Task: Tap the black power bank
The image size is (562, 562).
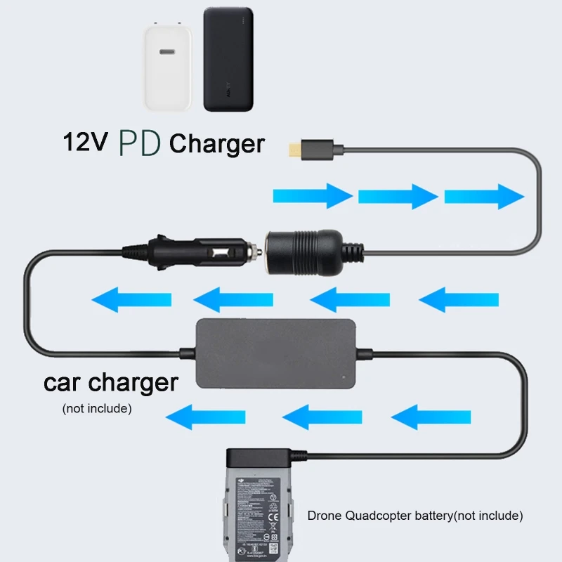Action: point(228,60)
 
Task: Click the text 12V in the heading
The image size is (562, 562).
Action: point(85,143)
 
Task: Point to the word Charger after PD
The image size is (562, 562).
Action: point(217,144)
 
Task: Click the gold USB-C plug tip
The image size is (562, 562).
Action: point(294,150)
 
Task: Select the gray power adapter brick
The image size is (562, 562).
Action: point(274,354)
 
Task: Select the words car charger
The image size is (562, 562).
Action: point(110,383)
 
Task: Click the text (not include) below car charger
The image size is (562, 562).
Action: point(97,407)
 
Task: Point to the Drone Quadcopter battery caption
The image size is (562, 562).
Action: point(415,516)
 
